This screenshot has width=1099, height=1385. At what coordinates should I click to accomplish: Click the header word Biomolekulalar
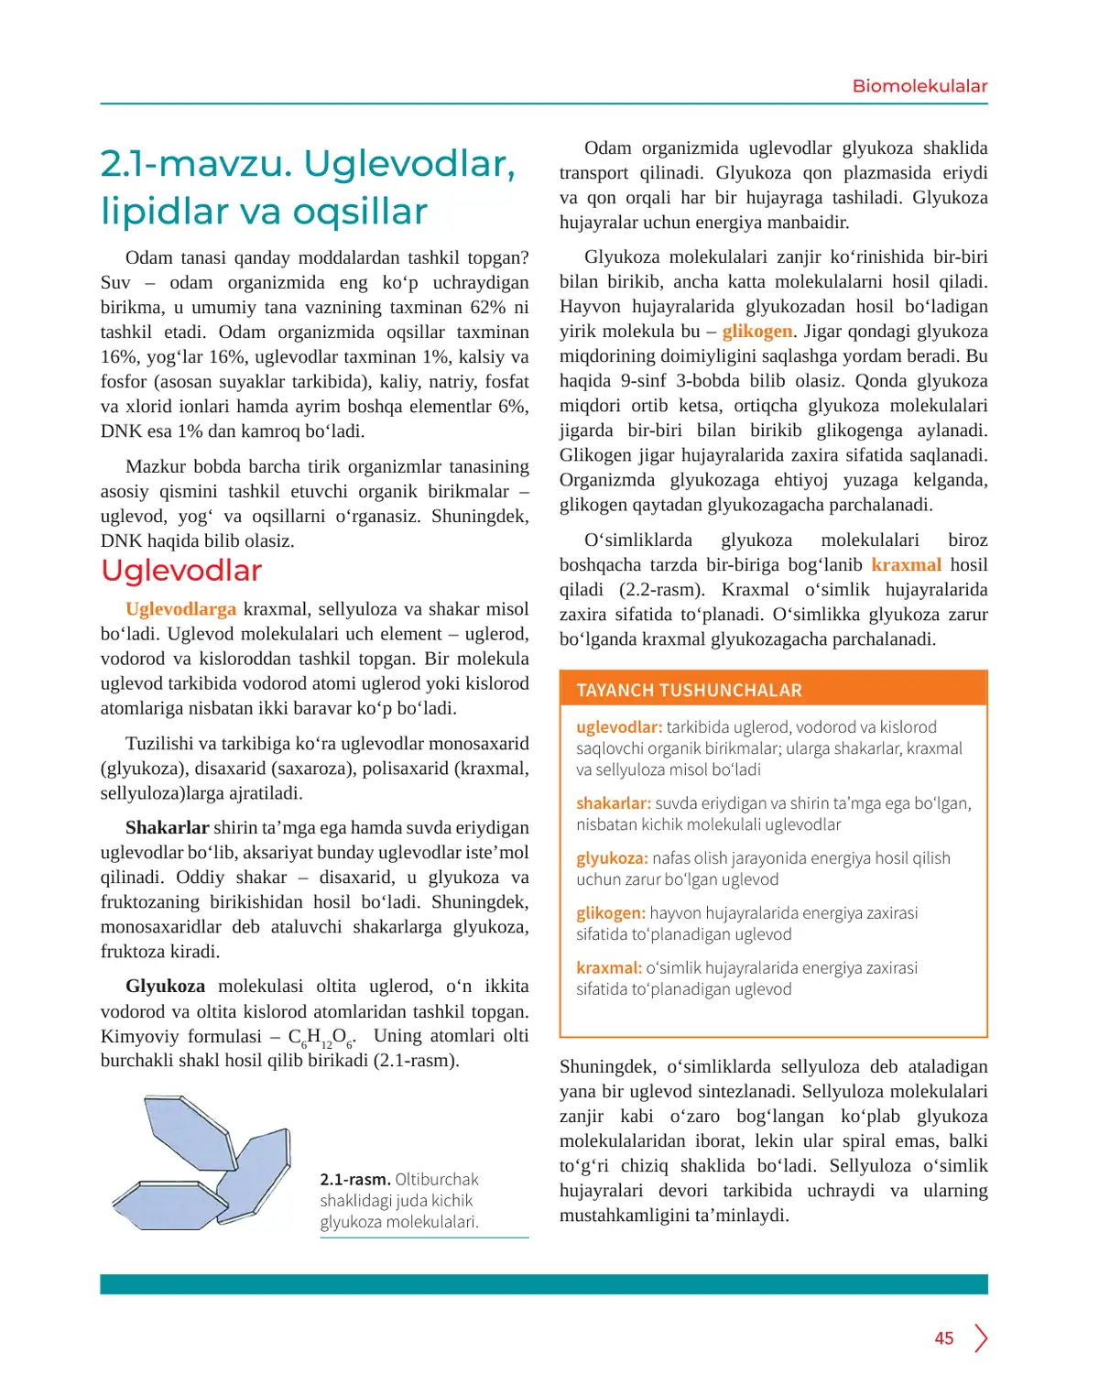pyautogui.click(x=919, y=86)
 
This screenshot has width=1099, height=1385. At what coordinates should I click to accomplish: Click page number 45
pyautogui.click(x=944, y=1338)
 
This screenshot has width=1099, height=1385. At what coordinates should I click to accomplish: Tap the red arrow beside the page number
pyautogui.click(x=981, y=1338)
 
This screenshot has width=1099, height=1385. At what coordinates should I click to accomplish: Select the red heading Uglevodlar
pyautogui.click(x=181, y=571)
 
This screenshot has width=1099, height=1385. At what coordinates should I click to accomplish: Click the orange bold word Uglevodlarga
pyautogui.click(x=180, y=609)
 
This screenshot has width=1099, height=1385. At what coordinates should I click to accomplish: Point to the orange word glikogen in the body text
pyautogui.click(x=756, y=332)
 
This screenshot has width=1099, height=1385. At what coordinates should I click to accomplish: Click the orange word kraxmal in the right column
pyautogui.click(x=906, y=565)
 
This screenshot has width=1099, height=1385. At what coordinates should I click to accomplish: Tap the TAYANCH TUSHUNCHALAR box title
pyautogui.click(x=689, y=691)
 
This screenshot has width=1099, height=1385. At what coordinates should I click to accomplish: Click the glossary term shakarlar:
pyautogui.click(x=613, y=803)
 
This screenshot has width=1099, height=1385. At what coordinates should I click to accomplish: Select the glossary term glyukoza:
pyautogui.click(x=612, y=858)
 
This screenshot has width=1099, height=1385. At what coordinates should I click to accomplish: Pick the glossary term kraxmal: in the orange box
pyautogui.click(x=609, y=968)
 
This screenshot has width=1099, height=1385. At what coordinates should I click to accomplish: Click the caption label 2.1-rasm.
pyautogui.click(x=354, y=1180)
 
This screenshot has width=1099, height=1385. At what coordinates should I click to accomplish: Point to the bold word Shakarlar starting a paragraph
pyautogui.click(x=167, y=828)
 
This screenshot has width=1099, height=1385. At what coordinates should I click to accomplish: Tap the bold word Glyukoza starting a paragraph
pyautogui.click(x=165, y=987)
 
